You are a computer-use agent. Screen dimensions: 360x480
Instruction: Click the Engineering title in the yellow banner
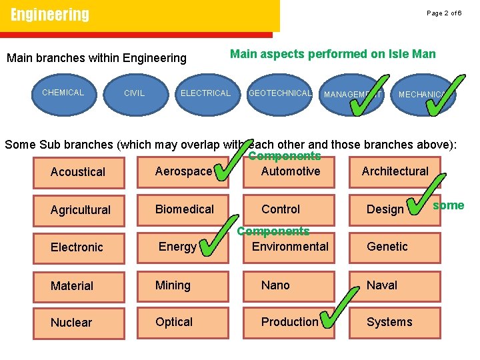(50, 15)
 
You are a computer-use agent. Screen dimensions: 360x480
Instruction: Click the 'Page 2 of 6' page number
(444, 13)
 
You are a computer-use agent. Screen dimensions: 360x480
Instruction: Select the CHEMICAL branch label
(63, 93)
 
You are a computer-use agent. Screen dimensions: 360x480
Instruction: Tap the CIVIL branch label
(134, 93)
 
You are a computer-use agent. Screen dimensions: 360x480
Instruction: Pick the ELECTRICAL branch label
(205, 93)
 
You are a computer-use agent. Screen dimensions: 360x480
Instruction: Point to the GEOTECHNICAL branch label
(280, 93)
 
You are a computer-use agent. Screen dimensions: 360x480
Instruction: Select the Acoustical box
(78, 172)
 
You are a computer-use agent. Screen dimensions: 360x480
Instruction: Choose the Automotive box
(291, 171)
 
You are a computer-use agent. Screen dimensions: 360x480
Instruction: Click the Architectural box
(395, 171)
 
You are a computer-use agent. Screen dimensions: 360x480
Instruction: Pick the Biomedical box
(184, 209)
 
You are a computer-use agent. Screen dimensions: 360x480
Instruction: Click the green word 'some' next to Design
(448, 205)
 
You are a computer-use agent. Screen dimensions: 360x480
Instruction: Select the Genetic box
(387, 247)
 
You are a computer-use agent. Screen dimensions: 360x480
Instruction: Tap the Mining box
(173, 285)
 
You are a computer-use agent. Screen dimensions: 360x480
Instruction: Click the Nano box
(275, 285)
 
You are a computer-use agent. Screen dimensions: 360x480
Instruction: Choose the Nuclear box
(71, 323)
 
